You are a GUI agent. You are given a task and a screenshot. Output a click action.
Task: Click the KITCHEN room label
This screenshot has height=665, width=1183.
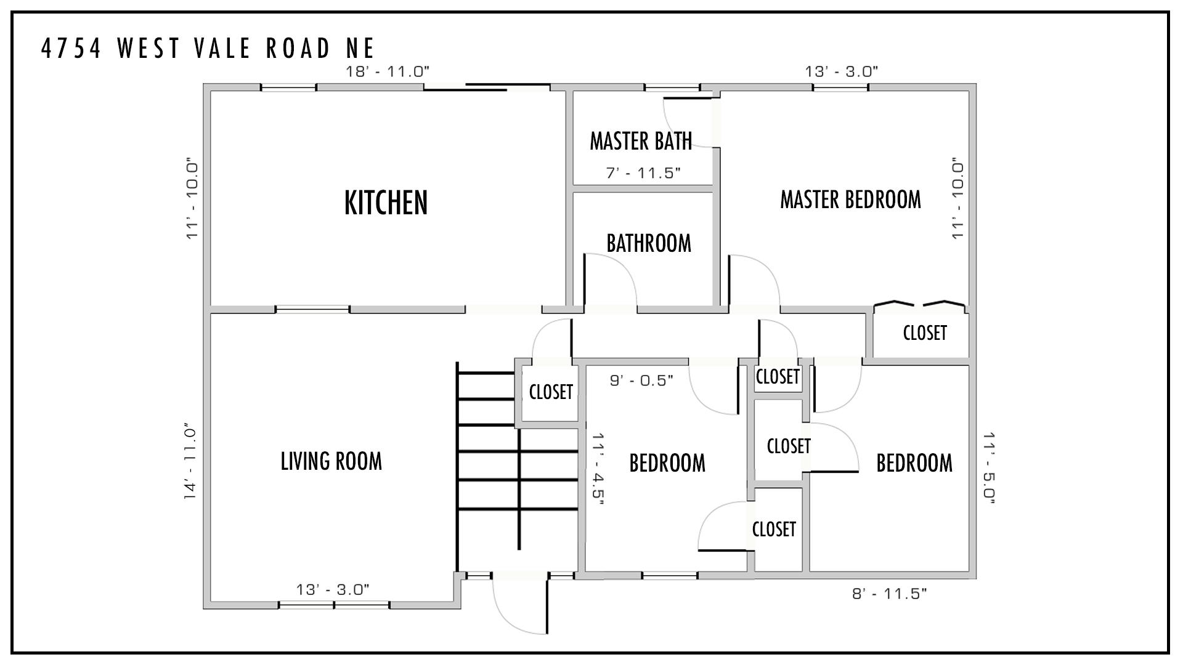pos(386,203)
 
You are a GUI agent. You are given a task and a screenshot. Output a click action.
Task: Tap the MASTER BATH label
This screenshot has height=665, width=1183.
pos(641,141)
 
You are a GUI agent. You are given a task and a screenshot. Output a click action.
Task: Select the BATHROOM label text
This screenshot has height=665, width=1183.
pos(649,243)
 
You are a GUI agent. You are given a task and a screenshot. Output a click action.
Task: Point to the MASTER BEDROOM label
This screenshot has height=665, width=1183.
pos(850,199)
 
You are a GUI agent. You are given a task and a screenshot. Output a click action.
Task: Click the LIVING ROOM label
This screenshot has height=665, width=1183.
pos(331,461)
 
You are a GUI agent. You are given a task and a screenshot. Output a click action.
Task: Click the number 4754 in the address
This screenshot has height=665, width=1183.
pos(71,48)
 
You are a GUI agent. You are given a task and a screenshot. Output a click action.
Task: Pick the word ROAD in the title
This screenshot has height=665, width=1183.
pos(298,48)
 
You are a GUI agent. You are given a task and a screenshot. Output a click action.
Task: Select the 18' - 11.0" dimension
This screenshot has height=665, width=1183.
pos(388,71)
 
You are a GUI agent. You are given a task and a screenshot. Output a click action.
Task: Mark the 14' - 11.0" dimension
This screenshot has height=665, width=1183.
pos(190,461)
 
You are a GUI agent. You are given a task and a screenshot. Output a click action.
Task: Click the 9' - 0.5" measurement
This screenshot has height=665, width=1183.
pos(641,381)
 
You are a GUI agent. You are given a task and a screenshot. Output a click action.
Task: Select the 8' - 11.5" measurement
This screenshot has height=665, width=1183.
pos(890,594)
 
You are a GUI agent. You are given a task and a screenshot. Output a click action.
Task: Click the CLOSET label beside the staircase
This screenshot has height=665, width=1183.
pos(551,392)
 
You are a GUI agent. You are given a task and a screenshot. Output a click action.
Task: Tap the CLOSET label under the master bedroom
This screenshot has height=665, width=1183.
pos(925,333)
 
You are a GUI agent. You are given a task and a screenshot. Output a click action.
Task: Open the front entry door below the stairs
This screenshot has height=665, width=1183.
pos(519,603)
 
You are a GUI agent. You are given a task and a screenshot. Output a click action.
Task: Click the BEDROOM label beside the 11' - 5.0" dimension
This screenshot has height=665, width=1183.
pos(914,463)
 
